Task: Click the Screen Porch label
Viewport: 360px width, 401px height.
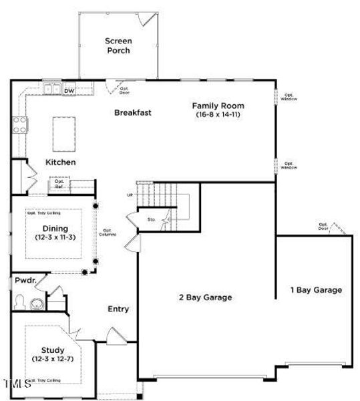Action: coord(118,45)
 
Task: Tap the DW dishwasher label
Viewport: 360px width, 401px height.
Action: coord(69,90)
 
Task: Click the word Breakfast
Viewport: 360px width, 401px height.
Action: coord(132,112)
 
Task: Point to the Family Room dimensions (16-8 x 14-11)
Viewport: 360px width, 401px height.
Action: coord(218,115)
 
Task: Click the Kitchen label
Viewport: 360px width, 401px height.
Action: coord(60,162)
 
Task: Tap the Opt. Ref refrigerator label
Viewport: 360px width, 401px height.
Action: coord(59,183)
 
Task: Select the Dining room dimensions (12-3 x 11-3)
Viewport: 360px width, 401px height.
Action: coord(51,238)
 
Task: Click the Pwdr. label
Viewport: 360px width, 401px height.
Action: coord(25,281)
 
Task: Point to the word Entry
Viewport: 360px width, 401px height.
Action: coord(118,309)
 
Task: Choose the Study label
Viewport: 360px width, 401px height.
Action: coord(52,350)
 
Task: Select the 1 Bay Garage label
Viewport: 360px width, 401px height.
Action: coord(315,290)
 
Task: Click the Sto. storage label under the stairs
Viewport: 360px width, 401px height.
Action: coord(151,219)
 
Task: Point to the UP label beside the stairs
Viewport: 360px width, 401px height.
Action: coord(130,194)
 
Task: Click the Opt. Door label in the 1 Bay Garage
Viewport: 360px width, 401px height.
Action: coord(323,227)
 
